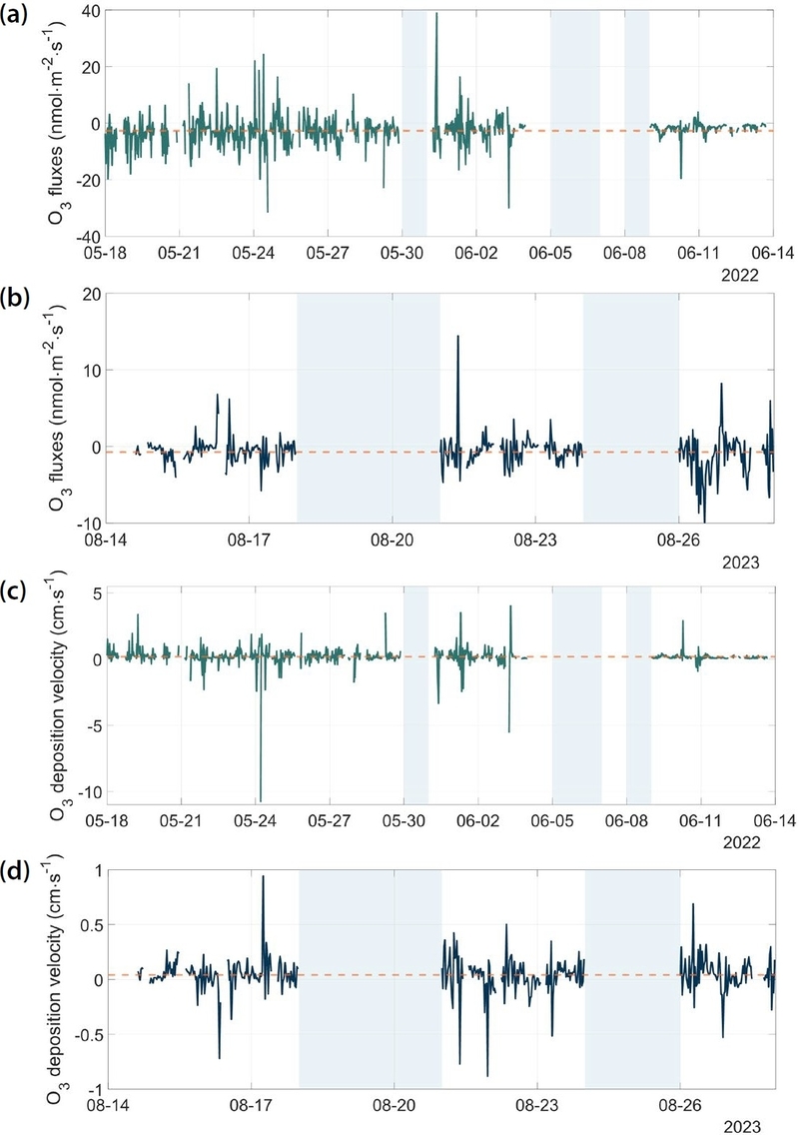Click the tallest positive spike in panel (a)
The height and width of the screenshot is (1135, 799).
click(x=436, y=14)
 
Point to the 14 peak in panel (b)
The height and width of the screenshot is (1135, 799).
click(x=457, y=336)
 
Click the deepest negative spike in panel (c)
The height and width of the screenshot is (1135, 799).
click(x=261, y=799)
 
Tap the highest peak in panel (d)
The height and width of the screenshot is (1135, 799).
click(x=264, y=876)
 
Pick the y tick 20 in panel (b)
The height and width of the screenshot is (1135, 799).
click(x=91, y=293)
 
